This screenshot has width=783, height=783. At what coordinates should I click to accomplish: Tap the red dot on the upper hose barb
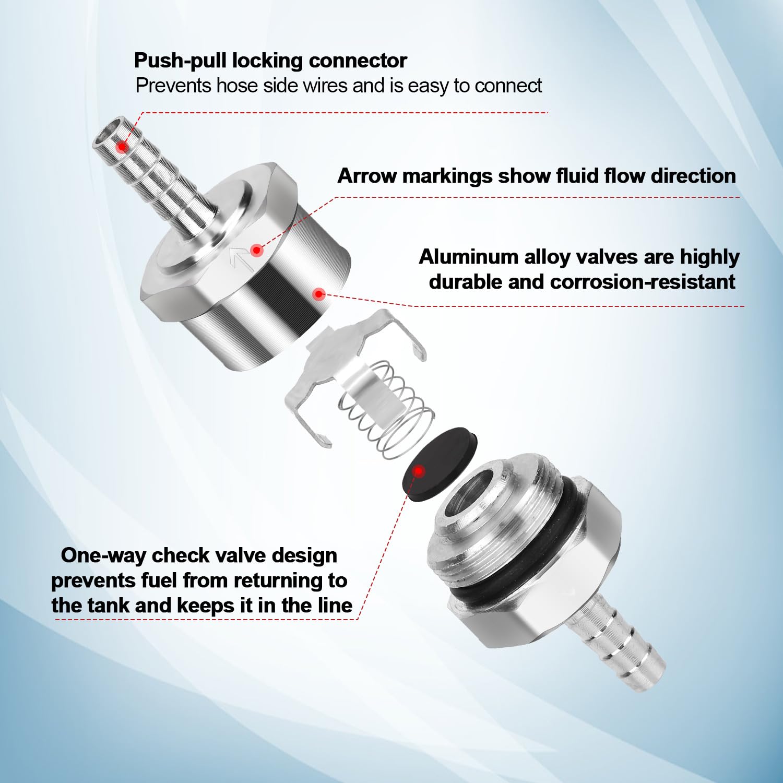coord(122,147)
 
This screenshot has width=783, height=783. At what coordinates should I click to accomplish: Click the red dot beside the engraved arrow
coord(256,251)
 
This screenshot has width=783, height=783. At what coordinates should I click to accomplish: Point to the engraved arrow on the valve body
coord(241,259)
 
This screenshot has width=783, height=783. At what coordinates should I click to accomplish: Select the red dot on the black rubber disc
coord(419,471)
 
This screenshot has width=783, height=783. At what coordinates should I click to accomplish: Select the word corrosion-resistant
coord(642,282)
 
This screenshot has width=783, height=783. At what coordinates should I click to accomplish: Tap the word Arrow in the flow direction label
coord(368,176)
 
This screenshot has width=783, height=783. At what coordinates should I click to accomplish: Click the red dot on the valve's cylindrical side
coord(319,294)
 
